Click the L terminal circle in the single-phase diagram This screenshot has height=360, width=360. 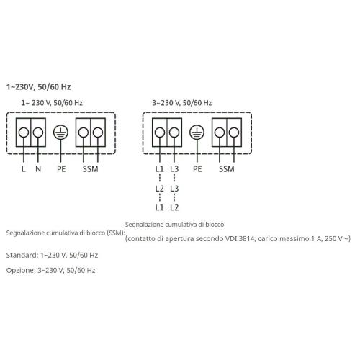pos(24,132)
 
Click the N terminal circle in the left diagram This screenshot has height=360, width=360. pos(38,132)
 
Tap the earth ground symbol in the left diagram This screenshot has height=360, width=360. pos(60,132)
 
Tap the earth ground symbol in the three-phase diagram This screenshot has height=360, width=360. pos(197,132)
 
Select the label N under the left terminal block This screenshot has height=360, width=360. pos(38,169)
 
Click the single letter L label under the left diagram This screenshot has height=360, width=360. pos(23,169)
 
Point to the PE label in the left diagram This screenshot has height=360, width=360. pos(61,169)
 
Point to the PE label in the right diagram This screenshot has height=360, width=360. pos(197,169)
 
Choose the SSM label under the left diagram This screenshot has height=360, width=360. pos(90,169)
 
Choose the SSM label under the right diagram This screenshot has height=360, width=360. pos(227,169)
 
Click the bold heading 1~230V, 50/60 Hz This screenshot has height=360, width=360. pos(39,87)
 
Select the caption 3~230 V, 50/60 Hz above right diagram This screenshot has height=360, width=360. pos(182,103)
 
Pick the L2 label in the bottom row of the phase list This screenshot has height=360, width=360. pos(174,207)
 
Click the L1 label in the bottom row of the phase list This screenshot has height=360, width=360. pos(160,207)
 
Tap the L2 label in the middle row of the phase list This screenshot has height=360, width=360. pos(160,189)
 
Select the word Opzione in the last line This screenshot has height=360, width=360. pos(21,271)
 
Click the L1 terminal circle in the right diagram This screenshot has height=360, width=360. pos(160,132)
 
